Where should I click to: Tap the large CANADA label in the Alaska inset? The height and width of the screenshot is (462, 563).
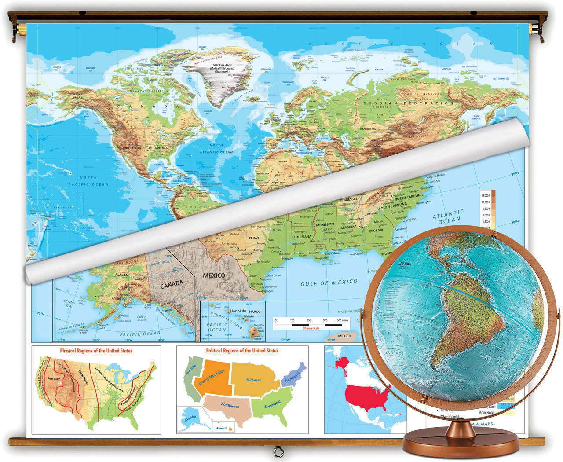tap(172, 285)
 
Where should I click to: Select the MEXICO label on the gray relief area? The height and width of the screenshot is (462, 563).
tap(214, 275)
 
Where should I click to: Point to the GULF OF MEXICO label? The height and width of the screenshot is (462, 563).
tap(329, 282)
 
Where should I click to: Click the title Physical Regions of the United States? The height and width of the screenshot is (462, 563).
tap(96, 351)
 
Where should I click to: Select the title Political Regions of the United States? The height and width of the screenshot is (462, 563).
tap(242, 351)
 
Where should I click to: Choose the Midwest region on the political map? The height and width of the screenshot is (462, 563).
tap(254, 379)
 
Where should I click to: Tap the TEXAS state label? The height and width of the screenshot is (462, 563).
tap(254, 238)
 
